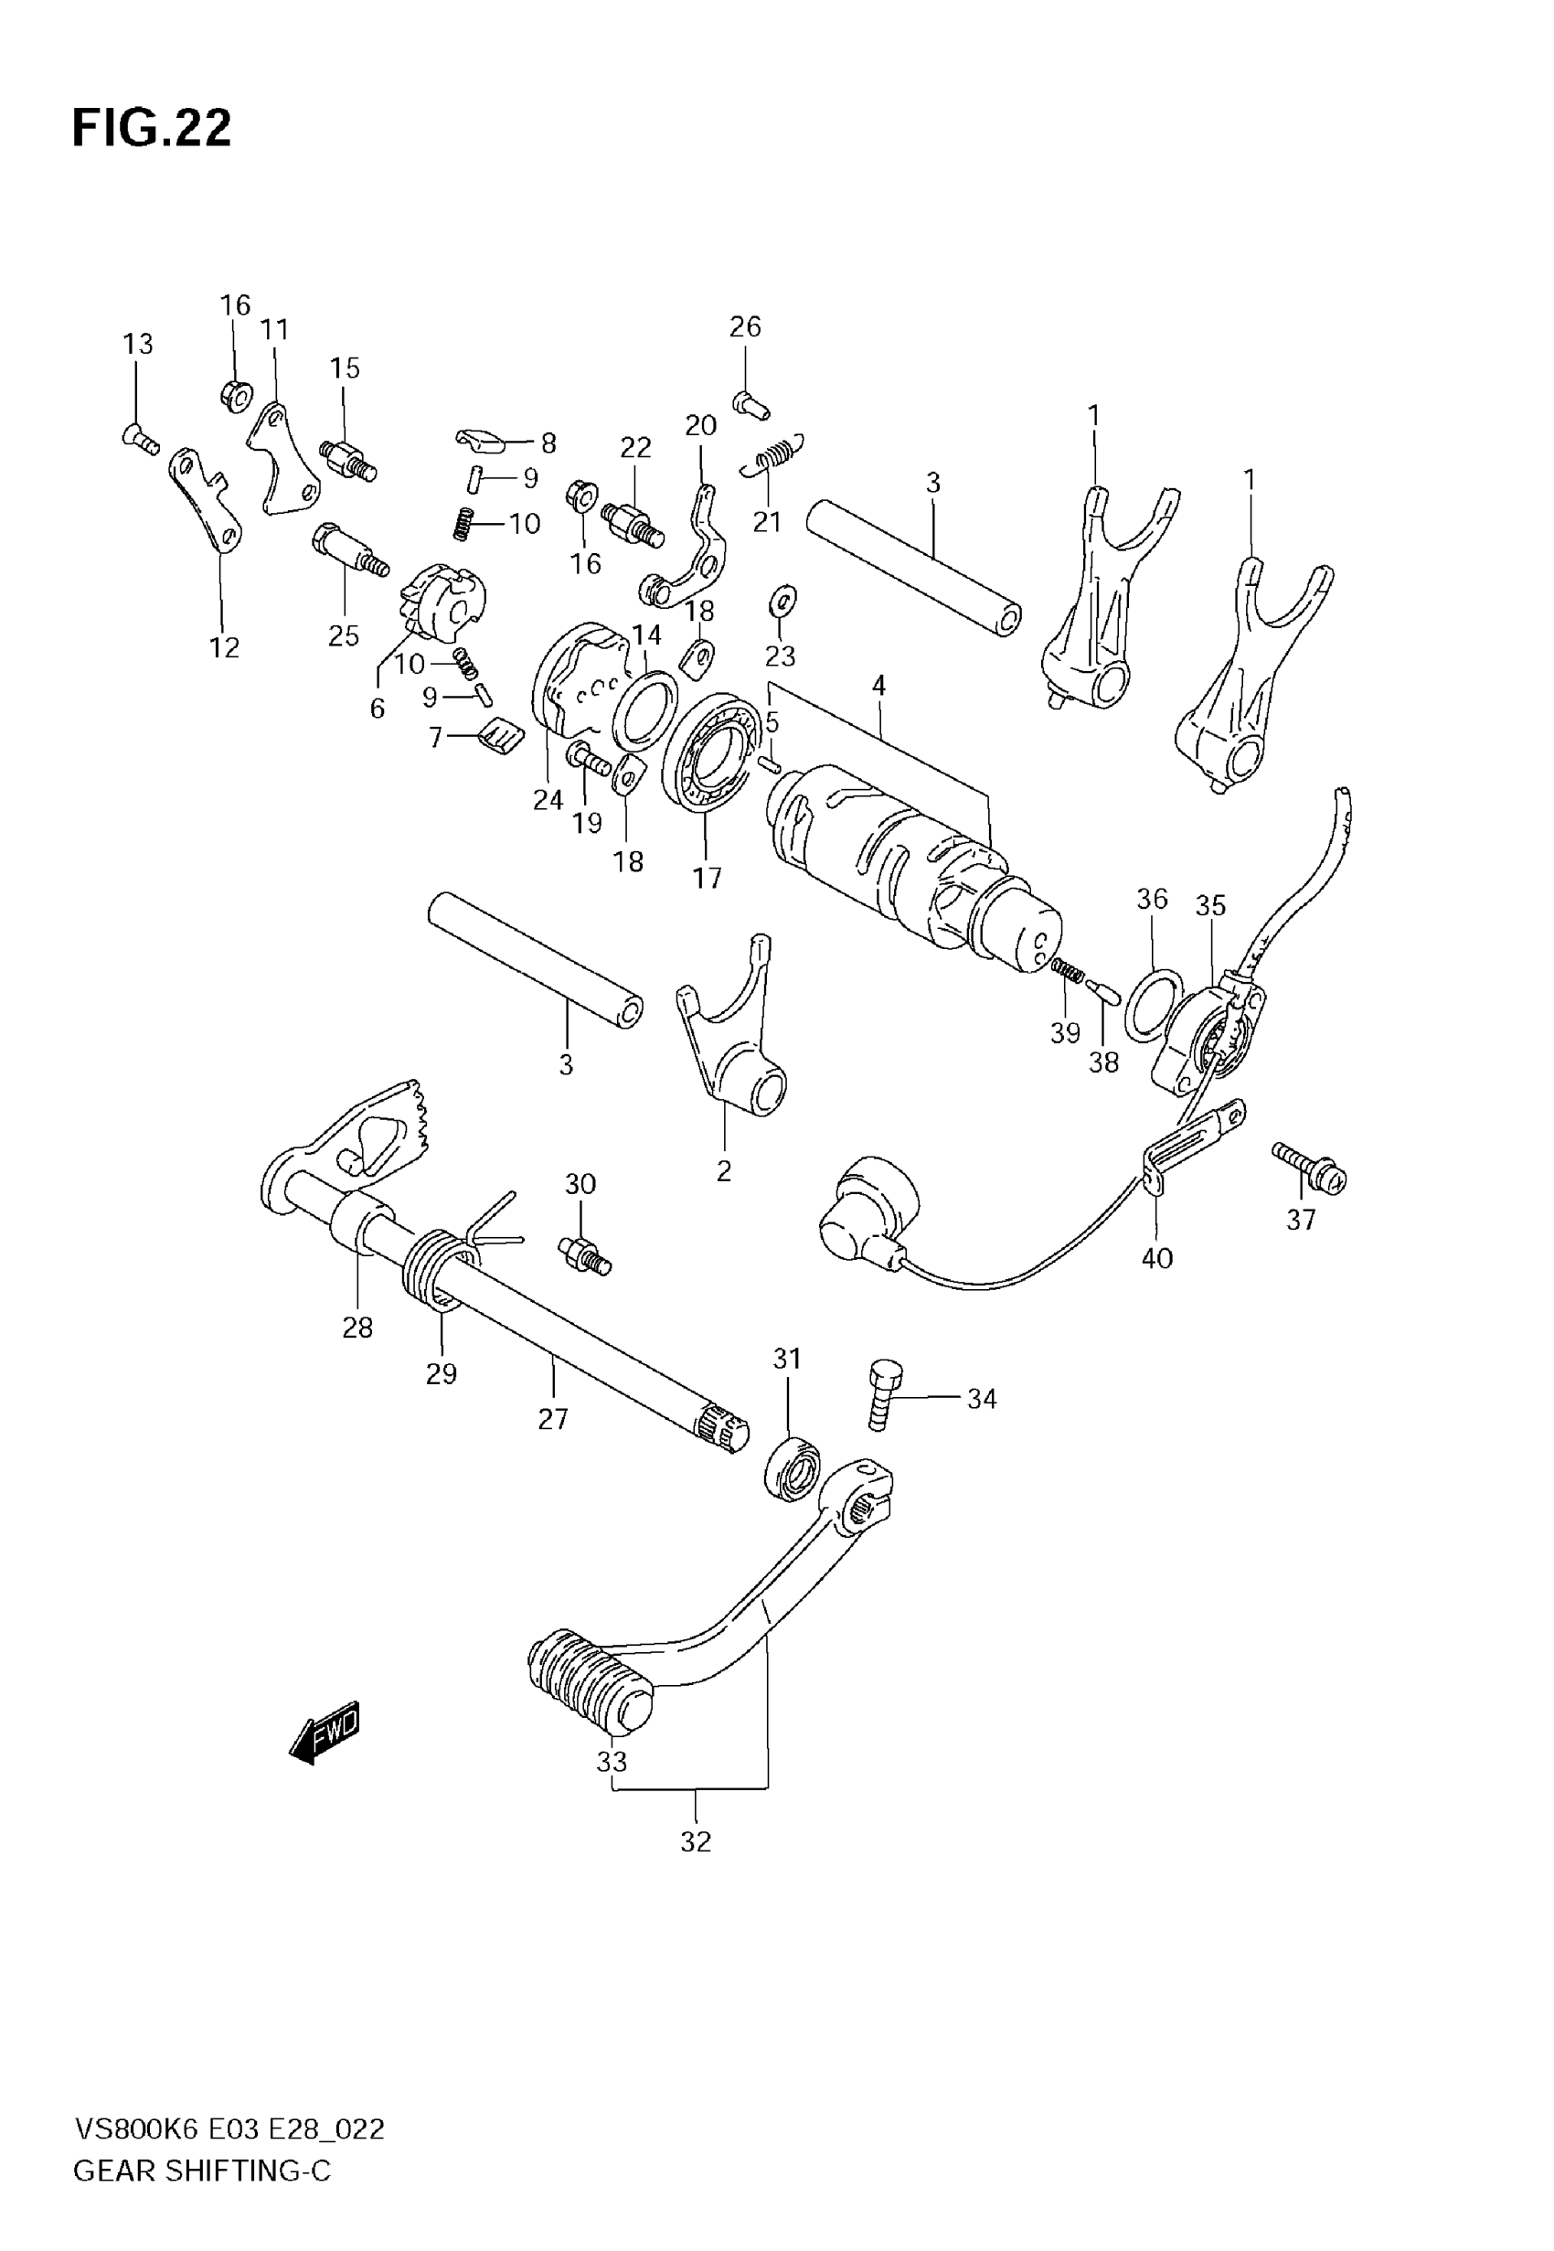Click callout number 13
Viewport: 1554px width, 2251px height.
[x=137, y=344]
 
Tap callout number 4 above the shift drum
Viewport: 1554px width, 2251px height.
[x=878, y=686]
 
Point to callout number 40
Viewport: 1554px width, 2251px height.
[x=1156, y=1258]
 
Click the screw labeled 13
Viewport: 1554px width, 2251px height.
[x=141, y=440]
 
